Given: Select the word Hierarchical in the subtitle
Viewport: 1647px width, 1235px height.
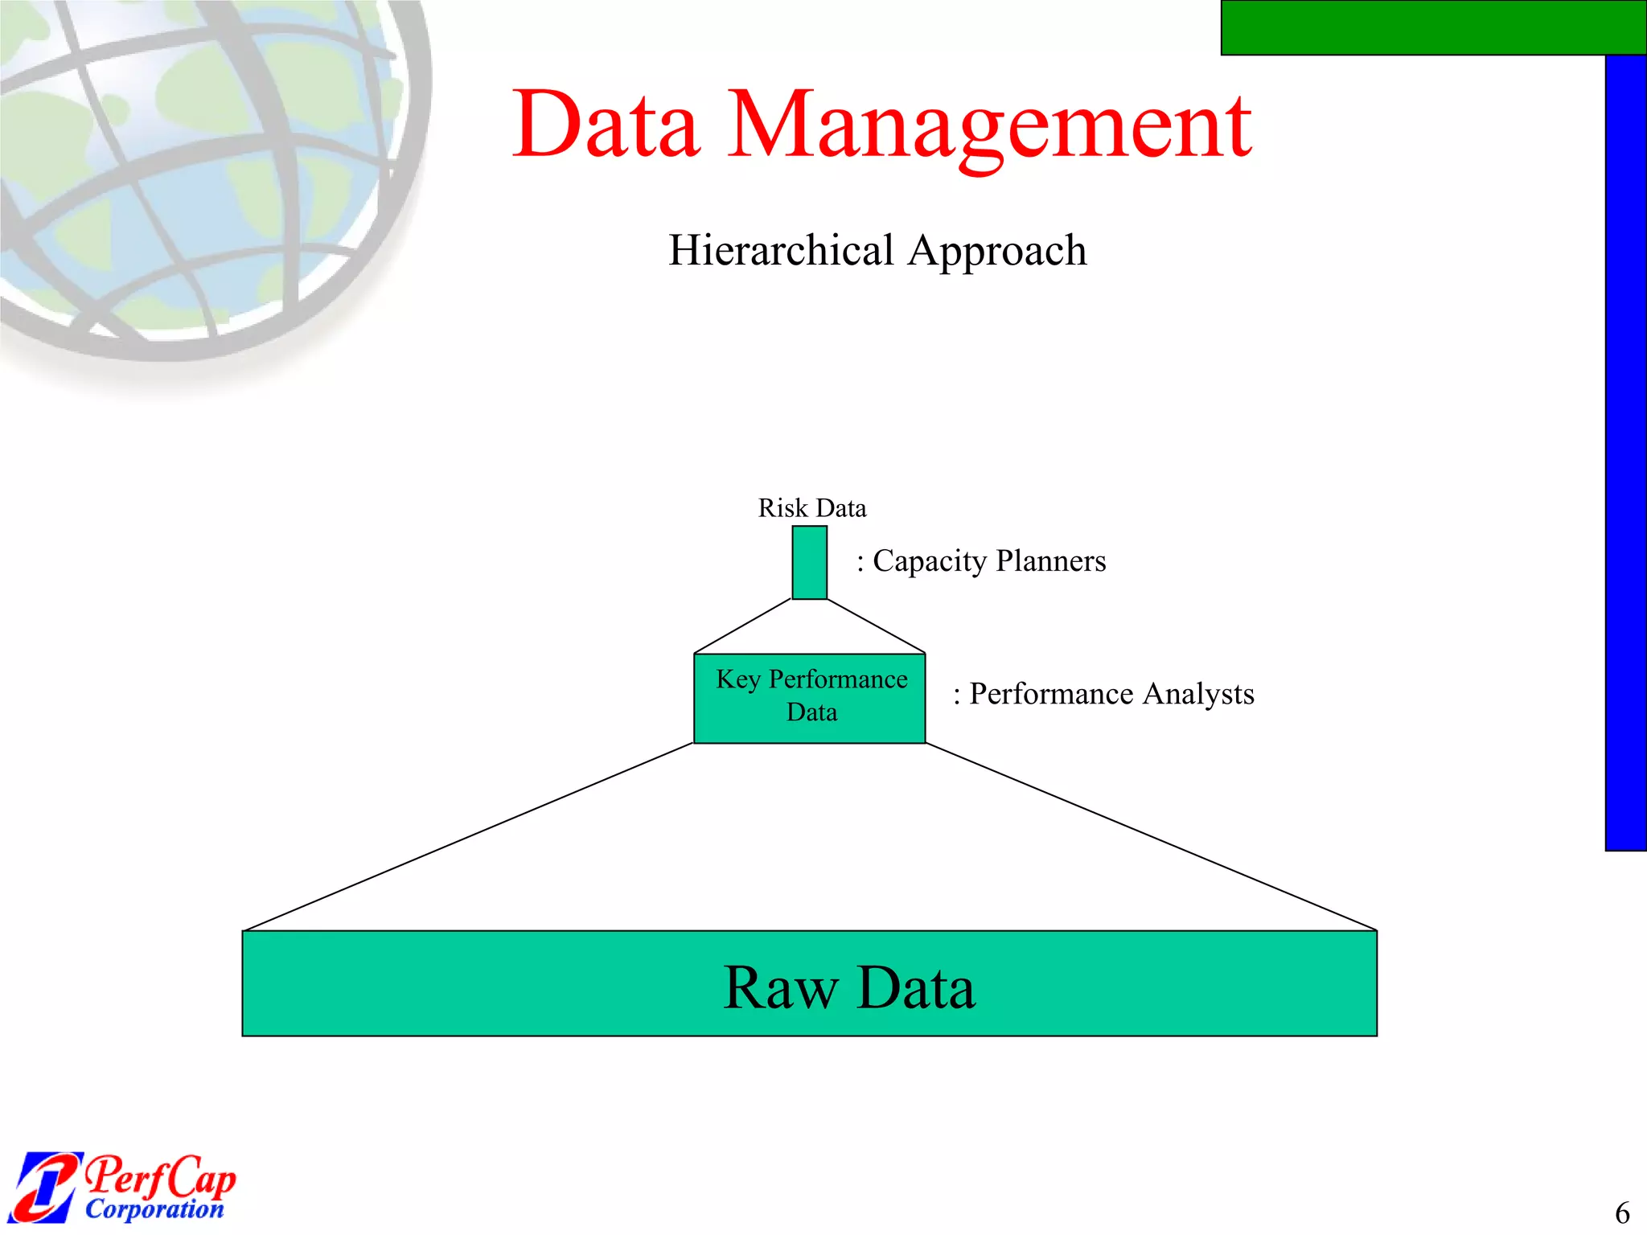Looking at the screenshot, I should click(x=781, y=250).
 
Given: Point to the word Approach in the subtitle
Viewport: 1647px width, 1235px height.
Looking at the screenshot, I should click(x=998, y=252).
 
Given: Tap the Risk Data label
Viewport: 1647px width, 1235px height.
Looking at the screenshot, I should click(x=812, y=508).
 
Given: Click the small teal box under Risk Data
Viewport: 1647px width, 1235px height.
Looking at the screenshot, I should click(x=809, y=562).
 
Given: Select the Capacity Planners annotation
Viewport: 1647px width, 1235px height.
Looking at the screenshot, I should click(x=981, y=560).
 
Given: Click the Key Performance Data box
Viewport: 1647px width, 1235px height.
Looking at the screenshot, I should click(x=809, y=697).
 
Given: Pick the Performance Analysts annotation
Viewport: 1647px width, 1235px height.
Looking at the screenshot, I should click(x=1103, y=693).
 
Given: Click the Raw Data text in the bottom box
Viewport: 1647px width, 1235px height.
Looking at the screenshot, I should click(x=849, y=987).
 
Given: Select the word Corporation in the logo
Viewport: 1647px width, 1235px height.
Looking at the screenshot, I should click(x=154, y=1208).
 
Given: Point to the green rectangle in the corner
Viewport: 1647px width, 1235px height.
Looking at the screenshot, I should click(x=1431, y=27).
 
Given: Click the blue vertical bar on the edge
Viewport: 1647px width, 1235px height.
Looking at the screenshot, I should click(x=1625, y=450).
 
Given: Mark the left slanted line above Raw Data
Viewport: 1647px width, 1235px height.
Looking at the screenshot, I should click(x=466, y=837).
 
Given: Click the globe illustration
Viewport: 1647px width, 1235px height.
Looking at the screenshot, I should click(x=201, y=177).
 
